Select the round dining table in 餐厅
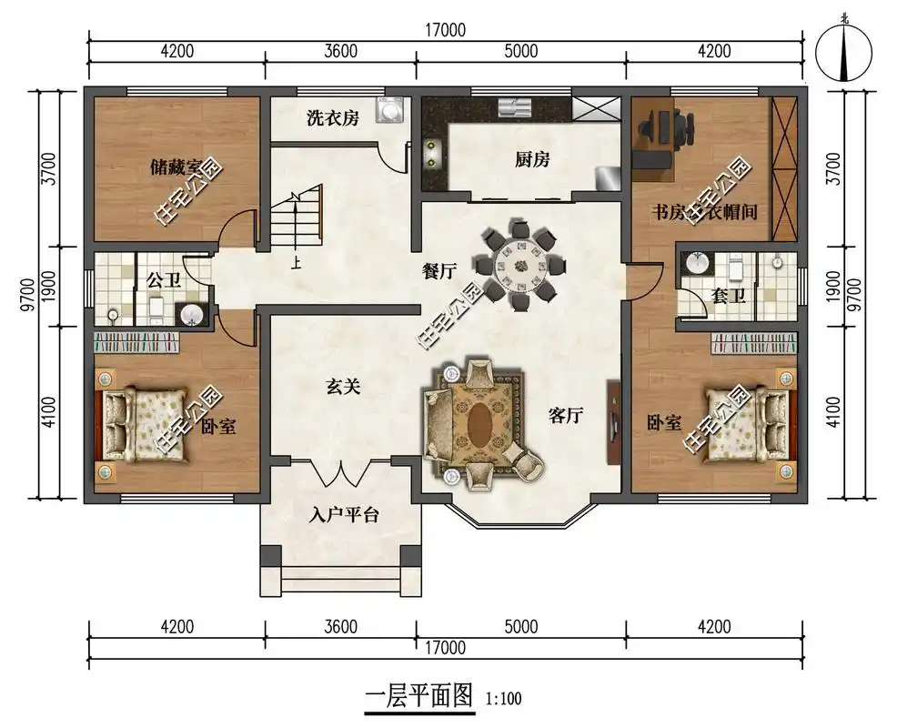click(x=521, y=268)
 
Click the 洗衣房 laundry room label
click(x=332, y=117)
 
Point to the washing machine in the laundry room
click(x=392, y=108)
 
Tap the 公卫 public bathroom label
click(x=164, y=279)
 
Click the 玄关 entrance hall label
click(x=344, y=387)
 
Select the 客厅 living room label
click(x=565, y=416)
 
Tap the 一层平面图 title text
click(x=419, y=697)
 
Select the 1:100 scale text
click(x=504, y=700)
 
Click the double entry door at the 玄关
click(x=340, y=475)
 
